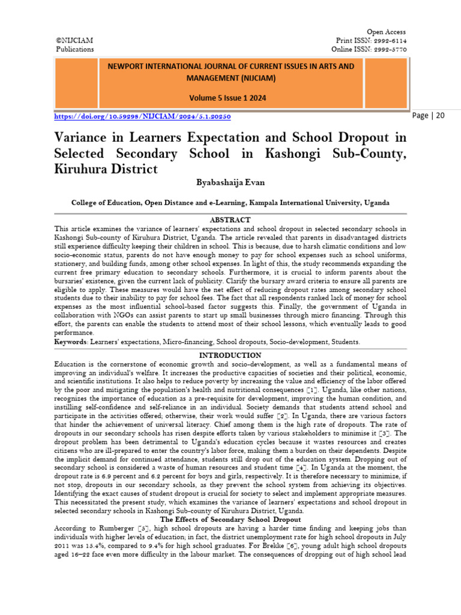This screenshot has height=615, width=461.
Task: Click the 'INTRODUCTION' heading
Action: (230, 356)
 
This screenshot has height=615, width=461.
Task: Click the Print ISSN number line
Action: (371, 40)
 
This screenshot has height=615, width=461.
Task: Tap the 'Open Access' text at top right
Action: (386, 32)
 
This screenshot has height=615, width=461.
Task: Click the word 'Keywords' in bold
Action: (70, 342)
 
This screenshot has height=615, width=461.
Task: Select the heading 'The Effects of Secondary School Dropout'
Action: (230, 519)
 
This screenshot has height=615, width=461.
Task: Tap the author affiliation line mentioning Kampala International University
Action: (230, 203)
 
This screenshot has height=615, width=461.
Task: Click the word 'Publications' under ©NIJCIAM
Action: (74, 49)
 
